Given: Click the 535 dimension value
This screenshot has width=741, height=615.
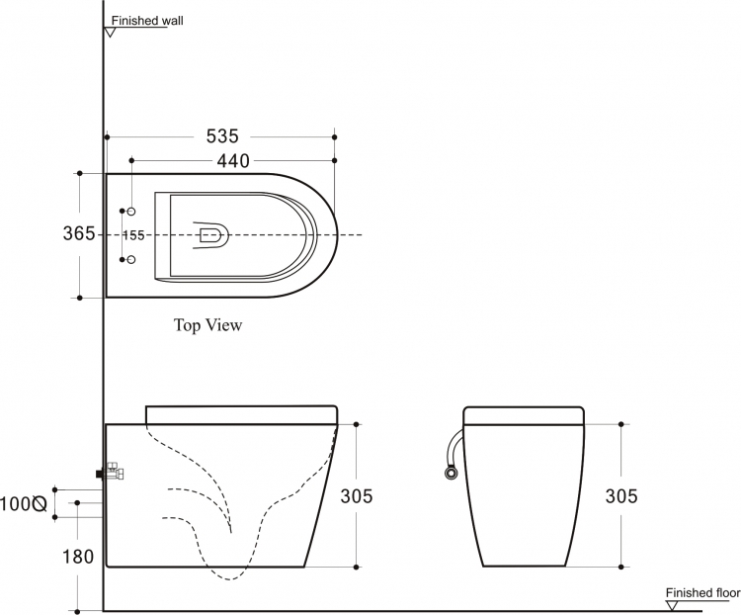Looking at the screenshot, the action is (222, 136).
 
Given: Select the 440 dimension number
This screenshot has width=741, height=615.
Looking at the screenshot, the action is (233, 161).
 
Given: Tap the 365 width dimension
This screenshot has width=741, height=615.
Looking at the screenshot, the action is (79, 233).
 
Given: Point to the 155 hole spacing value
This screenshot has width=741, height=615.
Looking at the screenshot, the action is (133, 235).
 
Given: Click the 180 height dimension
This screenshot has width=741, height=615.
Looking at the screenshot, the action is (78, 557).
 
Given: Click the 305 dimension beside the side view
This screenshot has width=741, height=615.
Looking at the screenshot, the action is (357, 495).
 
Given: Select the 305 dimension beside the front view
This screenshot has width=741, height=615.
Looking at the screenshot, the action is (621, 495).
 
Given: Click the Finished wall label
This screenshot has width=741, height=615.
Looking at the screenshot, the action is (147, 21).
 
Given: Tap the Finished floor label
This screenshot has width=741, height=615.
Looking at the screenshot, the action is (702, 593).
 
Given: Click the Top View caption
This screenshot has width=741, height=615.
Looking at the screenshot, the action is (207, 325).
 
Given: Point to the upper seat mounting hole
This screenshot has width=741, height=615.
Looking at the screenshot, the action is (131, 211).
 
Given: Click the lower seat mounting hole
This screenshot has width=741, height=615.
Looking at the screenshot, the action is (131, 260).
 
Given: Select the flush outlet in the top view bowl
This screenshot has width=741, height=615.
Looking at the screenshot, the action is (211, 235).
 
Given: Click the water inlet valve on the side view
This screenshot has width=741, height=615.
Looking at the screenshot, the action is (112, 472).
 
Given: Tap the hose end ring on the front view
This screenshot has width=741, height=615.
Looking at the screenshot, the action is (451, 473).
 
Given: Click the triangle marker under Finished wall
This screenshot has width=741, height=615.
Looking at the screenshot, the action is (110, 33).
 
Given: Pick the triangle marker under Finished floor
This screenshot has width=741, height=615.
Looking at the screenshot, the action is (672, 605).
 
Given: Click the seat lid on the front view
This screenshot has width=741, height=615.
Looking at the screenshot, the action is (524, 416).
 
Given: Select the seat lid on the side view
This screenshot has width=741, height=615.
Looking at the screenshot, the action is (241, 415).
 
